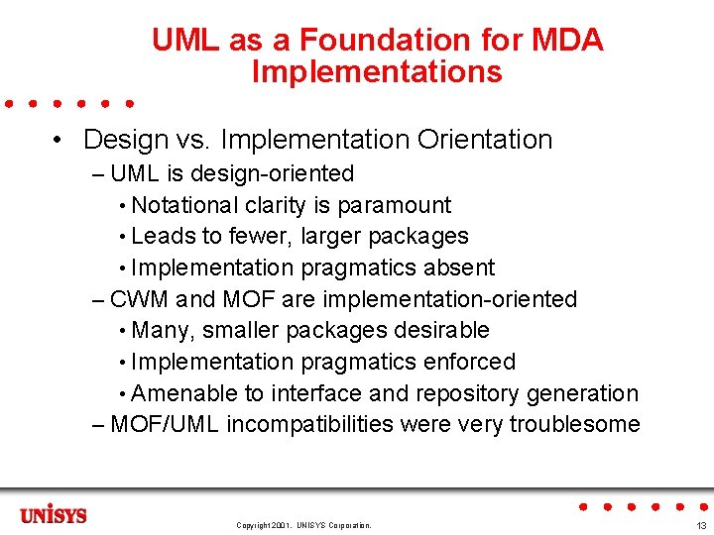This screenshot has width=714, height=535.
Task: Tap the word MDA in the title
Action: (x=567, y=41)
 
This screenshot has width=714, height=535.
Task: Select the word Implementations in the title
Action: (x=377, y=72)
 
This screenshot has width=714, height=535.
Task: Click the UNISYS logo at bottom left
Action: (x=54, y=515)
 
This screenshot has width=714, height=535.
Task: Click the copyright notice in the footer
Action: (x=303, y=525)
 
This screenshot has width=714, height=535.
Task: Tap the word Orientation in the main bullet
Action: (x=485, y=140)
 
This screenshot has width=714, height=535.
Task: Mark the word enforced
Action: (x=472, y=362)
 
